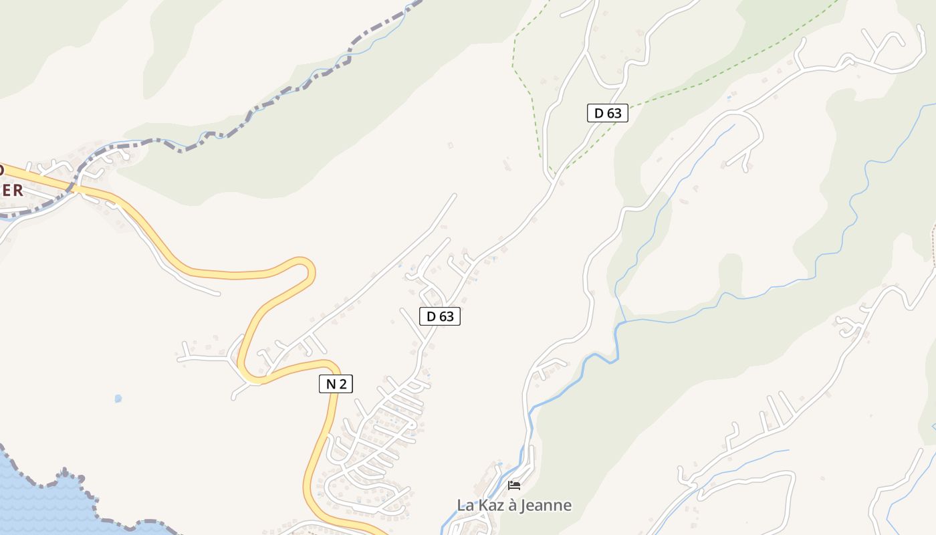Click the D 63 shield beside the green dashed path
[608, 113]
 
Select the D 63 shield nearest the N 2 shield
[440, 316]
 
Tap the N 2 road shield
[336, 384]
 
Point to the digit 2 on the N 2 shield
[343, 384]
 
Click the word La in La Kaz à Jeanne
[465, 505]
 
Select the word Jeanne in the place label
[548, 505]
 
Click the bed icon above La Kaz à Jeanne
[514, 485]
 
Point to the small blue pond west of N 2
[118, 399]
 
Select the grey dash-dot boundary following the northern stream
[267, 107]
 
